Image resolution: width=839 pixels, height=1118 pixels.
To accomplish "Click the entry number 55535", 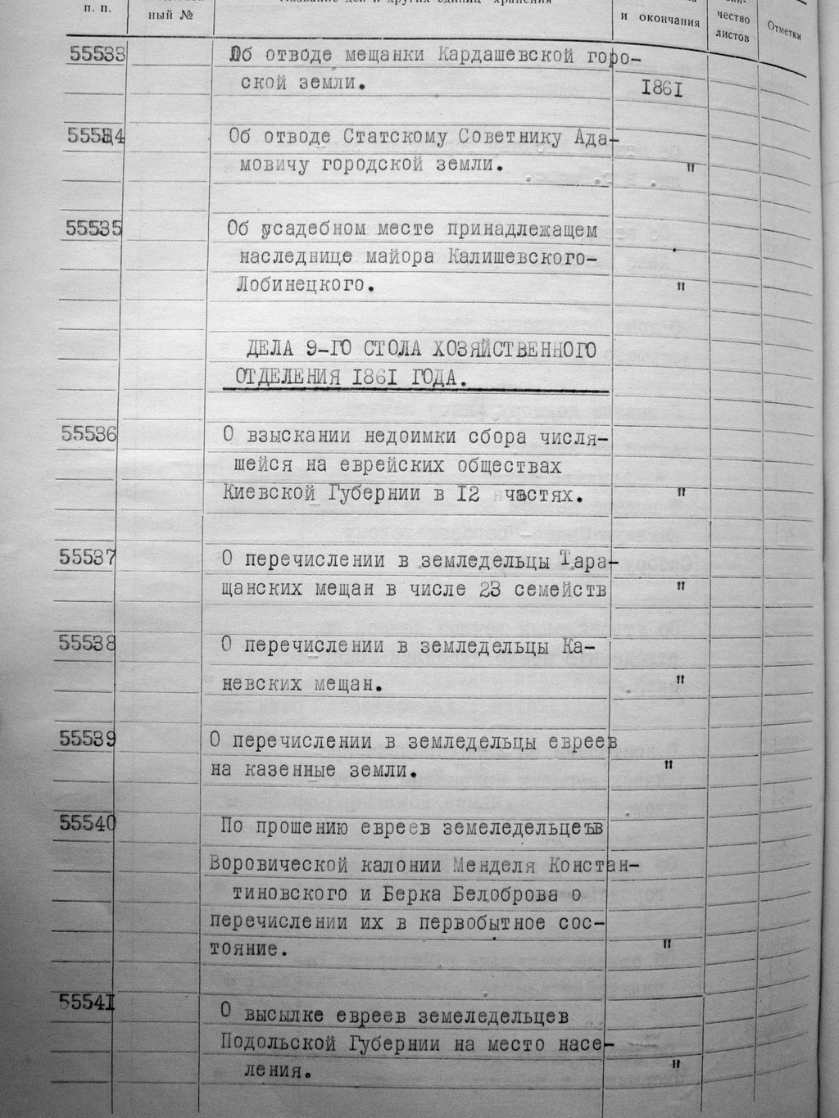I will click(x=93, y=229).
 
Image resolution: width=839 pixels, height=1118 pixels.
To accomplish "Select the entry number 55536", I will click(x=88, y=434).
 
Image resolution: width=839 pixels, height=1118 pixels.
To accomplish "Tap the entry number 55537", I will click(x=87, y=557).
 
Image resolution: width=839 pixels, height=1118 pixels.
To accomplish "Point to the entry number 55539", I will click(x=87, y=738).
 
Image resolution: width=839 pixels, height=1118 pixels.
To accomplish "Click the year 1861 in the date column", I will click(x=662, y=88).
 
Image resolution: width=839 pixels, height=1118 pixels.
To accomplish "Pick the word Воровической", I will click(x=278, y=865).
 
